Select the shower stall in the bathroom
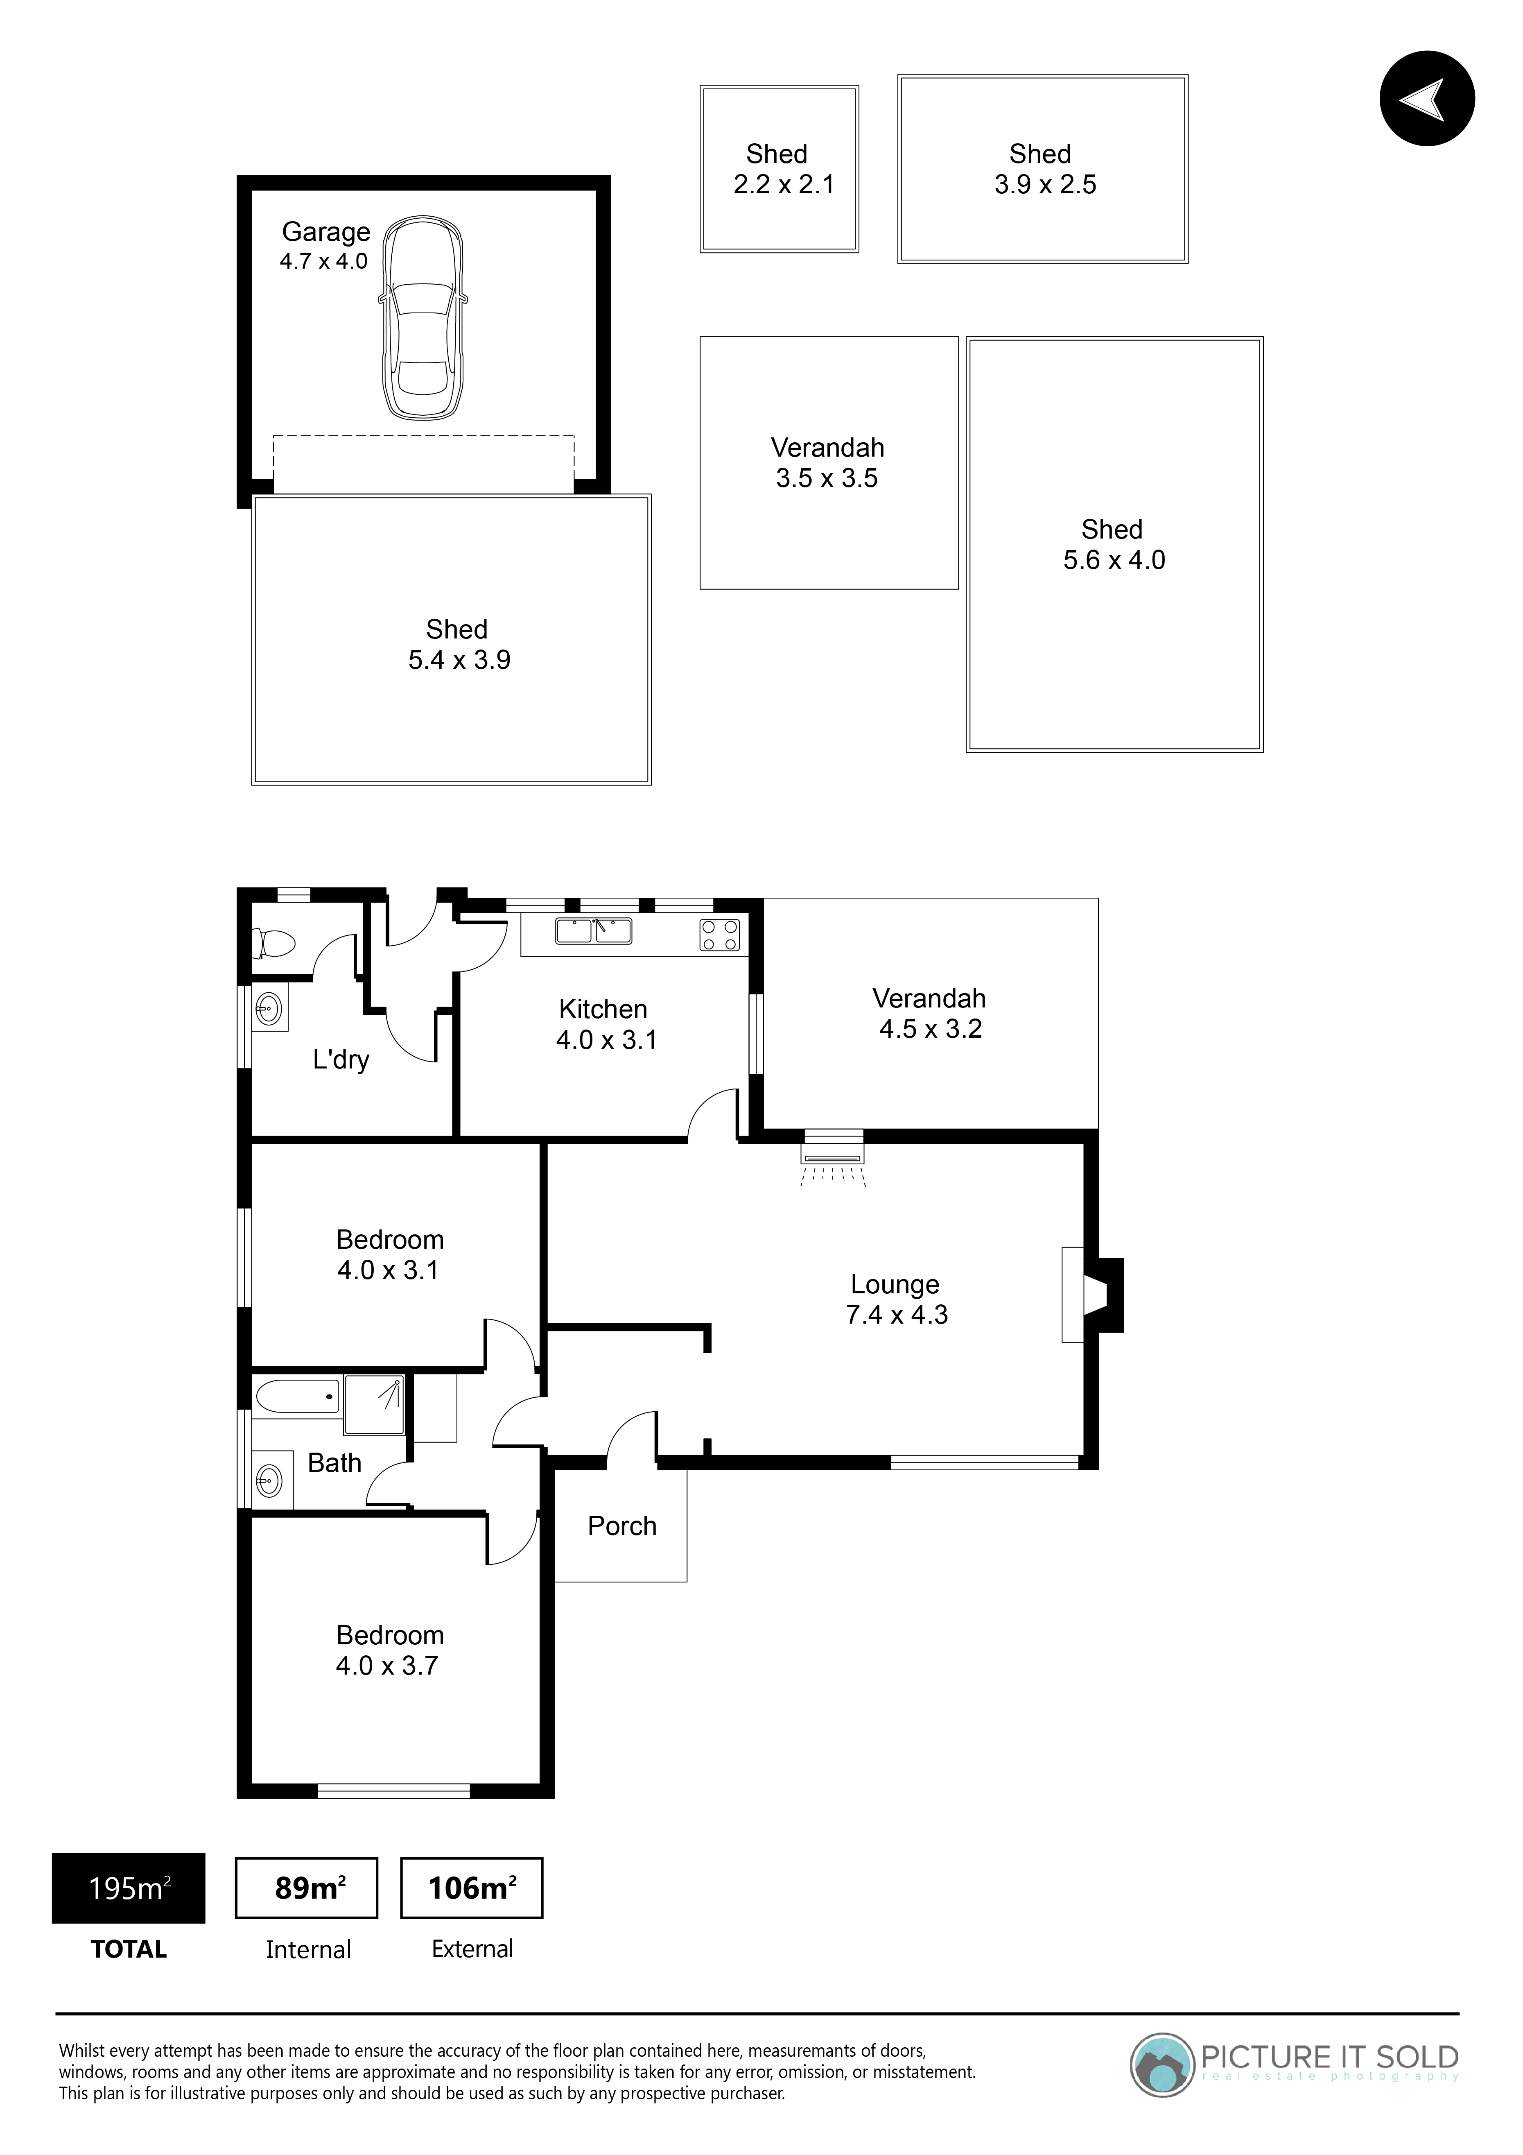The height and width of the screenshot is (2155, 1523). [x=375, y=1405]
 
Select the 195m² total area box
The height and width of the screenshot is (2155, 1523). [x=129, y=1888]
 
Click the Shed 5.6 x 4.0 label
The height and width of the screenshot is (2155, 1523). [x=1114, y=544]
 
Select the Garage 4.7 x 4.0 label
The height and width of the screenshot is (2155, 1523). [x=325, y=246]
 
